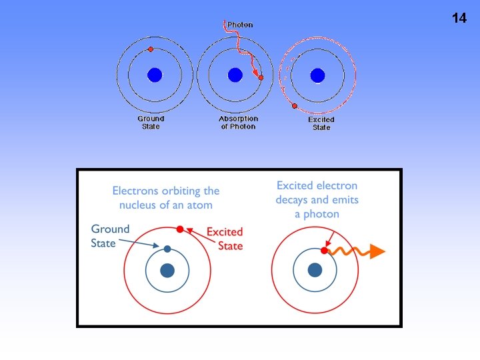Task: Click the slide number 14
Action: pos(459,18)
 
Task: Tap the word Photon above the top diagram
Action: pos(240,25)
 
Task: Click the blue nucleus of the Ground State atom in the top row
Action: pos(155,75)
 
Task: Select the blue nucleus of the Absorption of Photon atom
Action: pos(234,75)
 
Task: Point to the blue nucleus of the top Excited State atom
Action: pos(317,75)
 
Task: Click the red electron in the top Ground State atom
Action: pos(151,49)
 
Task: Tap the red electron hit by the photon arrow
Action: pos(261,78)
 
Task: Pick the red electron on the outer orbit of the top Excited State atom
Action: pos(294,105)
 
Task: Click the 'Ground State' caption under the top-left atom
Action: pos(151,123)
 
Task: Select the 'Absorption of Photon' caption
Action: pos(238,123)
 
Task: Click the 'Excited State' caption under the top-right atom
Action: pos(321,123)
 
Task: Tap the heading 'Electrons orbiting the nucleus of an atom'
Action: pos(166,197)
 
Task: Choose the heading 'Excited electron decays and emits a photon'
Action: pos(317,199)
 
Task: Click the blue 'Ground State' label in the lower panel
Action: pos(110,236)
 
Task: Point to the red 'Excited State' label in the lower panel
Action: pos(225,239)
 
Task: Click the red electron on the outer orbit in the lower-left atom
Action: pos(179,229)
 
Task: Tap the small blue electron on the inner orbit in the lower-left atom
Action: pos(167,249)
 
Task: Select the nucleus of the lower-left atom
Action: pos(167,270)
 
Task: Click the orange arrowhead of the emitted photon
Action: pos(377,251)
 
